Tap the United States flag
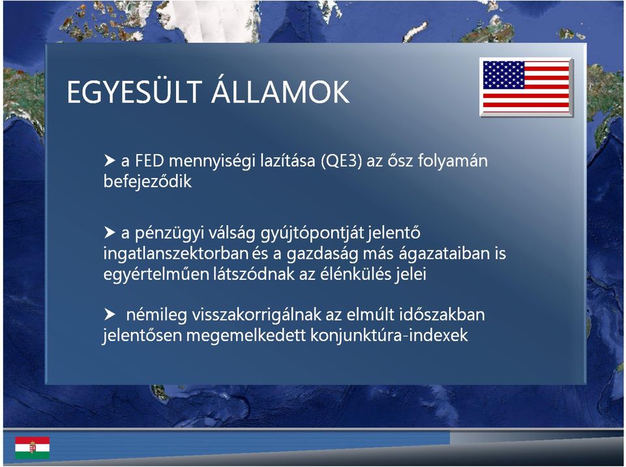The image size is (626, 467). coord(526,87)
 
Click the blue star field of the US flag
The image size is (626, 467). coord(503,75)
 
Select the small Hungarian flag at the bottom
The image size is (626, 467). coord(33,447)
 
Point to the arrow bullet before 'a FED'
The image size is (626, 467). coord(110,160)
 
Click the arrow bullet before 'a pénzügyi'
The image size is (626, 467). coord(110,232)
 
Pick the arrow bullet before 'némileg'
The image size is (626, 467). coord(110,314)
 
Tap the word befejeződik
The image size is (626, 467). coord(148,181)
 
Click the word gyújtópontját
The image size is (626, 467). coord(312,233)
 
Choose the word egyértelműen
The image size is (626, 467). coord(156,275)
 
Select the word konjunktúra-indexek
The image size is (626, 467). coord(389,335)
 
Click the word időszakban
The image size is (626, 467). coord(442,315)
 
